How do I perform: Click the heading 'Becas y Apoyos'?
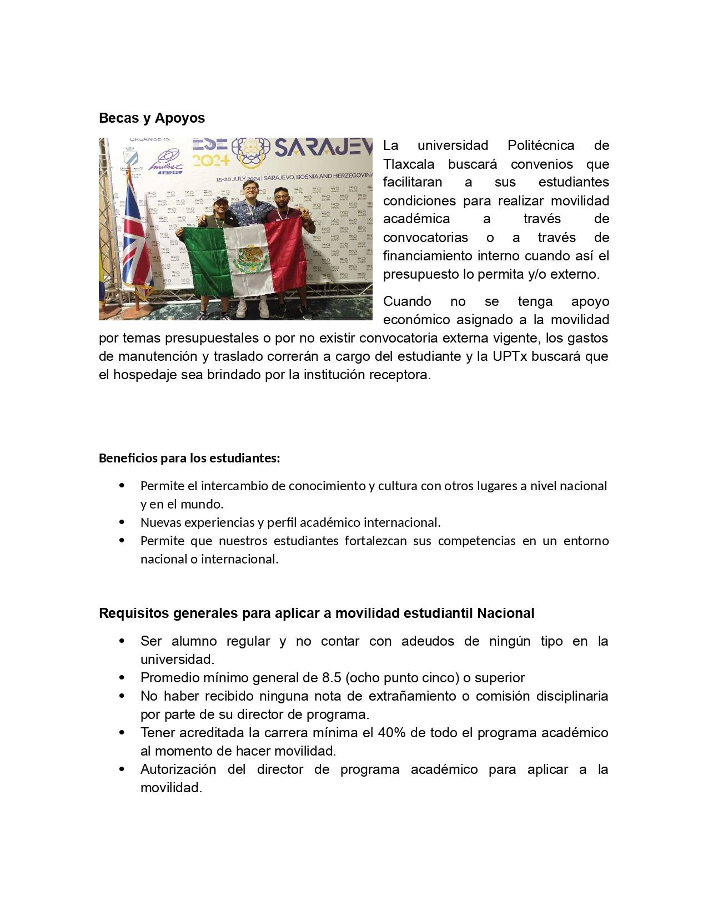152,118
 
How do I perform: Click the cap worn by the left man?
220,199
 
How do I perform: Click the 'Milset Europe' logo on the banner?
165,162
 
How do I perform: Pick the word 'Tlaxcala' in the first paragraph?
408,164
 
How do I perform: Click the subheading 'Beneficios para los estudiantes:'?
189,459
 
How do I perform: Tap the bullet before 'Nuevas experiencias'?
122,522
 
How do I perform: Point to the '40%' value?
391,733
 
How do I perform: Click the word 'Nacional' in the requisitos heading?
505,613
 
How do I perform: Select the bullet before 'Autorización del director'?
122,769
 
